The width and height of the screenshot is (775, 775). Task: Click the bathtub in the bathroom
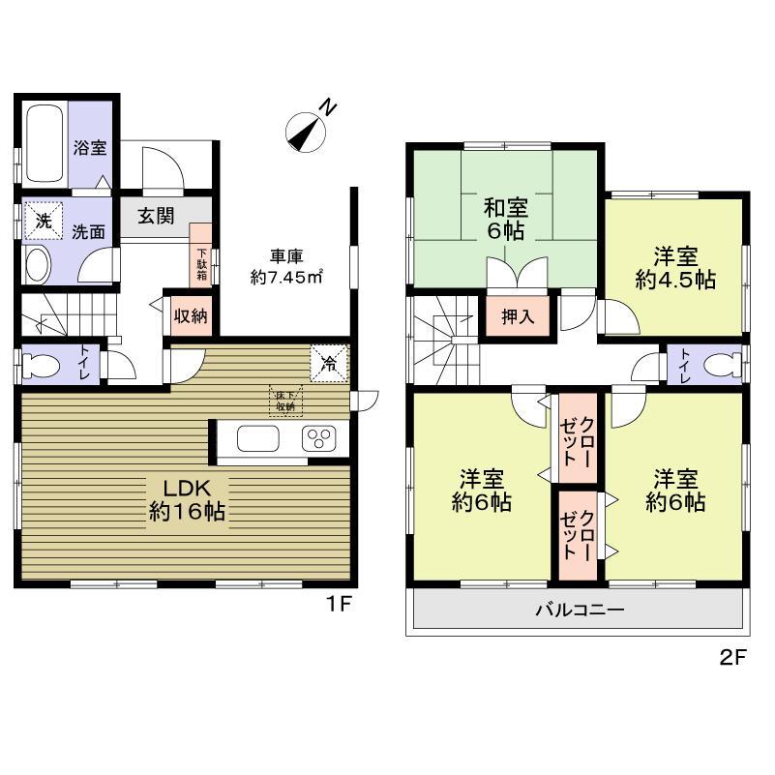tap(45, 144)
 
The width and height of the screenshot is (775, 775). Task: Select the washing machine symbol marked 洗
tap(43, 220)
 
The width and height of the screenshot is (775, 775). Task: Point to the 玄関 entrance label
tap(155, 216)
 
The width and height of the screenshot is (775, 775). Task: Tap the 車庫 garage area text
tap(281, 266)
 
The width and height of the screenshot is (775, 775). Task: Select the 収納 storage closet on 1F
tap(189, 316)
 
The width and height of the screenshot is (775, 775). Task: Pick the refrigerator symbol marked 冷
tap(329, 363)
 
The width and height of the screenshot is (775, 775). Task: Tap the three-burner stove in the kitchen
tap(317, 437)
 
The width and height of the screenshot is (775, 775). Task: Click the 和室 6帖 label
tap(505, 218)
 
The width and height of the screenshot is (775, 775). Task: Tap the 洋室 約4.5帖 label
tap(675, 268)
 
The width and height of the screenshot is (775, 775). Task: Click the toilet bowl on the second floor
tap(716, 365)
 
